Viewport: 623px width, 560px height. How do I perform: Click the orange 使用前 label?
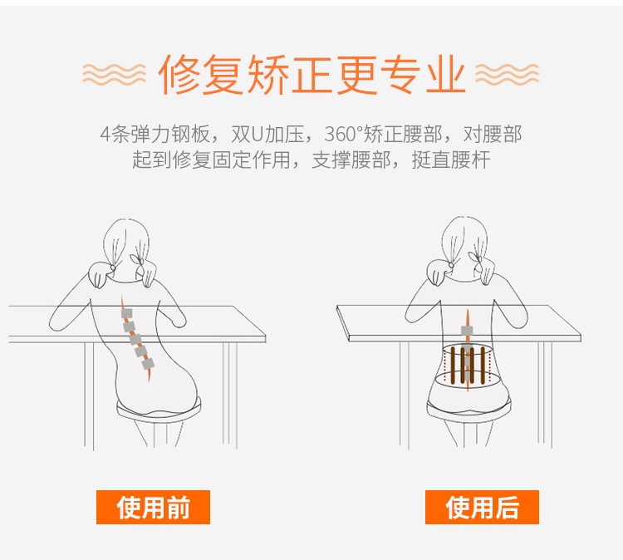pos(153,507)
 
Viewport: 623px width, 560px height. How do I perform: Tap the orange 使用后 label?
pos(482,507)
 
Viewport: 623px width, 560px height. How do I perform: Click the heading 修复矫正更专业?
pos(311,75)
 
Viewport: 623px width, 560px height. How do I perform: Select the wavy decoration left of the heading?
pos(114,74)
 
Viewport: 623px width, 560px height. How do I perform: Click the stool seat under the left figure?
pos(158,407)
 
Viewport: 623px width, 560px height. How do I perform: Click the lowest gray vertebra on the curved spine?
pos(148,363)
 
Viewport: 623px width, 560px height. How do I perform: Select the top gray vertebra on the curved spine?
pos(127,313)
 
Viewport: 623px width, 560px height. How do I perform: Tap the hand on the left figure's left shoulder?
pos(101,269)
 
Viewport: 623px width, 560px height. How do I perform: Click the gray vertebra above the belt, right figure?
pos(467,332)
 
